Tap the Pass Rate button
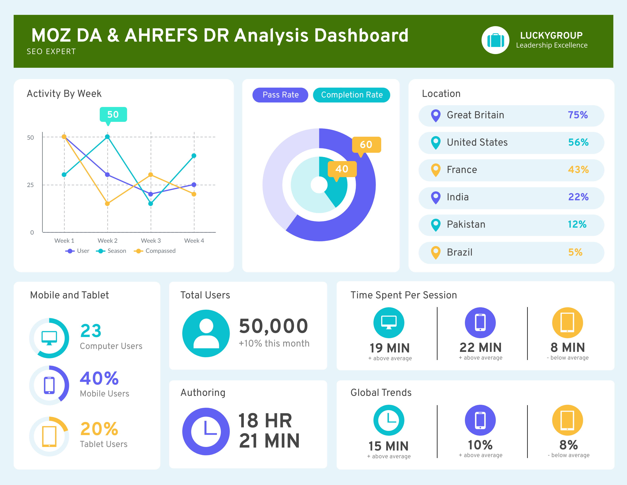click(280, 95)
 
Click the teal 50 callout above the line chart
click(113, 114)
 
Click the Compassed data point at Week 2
click(107, 204)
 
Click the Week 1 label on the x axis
click(64, 241)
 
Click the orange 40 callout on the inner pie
click(342, 169)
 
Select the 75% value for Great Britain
click(578, 115)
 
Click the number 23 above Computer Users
click(91, 331)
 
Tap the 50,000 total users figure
click(273, 326)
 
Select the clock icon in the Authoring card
click(206, 431)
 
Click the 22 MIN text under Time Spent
click(480, 348)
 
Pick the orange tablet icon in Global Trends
click(567, 420)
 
